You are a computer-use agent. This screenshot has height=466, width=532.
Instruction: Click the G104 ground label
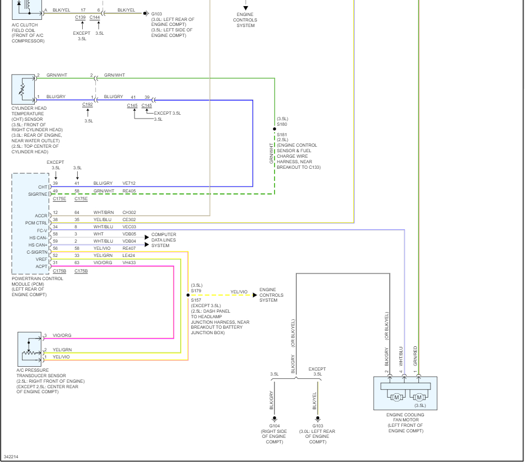click(274, 426)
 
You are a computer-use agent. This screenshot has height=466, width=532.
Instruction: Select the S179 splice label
click(196, 290)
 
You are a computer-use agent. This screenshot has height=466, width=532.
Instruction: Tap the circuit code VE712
click(129, 183)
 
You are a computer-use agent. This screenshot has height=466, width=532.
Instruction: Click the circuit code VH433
click(129, 263)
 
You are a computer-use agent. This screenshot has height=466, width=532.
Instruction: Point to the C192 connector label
click(88, 104)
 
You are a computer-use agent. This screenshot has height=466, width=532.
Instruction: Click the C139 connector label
click(80, 18)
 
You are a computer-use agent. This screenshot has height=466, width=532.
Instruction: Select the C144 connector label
click(95, 18)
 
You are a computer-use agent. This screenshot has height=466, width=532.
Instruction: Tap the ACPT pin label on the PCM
click(42, 266)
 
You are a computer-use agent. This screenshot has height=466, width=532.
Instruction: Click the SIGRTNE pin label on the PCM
click(39, 194)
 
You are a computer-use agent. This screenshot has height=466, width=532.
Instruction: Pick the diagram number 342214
click(10, 457)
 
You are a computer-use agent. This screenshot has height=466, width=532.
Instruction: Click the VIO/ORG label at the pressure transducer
click(62, 335)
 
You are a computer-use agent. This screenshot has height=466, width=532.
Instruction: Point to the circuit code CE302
click(129, 219)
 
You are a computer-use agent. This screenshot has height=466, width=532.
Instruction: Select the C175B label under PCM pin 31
click(60, 271)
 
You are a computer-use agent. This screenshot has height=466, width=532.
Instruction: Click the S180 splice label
click(282, 124)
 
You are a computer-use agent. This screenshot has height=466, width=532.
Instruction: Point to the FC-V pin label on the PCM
click(42, 231)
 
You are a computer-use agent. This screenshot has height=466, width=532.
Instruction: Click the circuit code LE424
click(129, 255)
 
